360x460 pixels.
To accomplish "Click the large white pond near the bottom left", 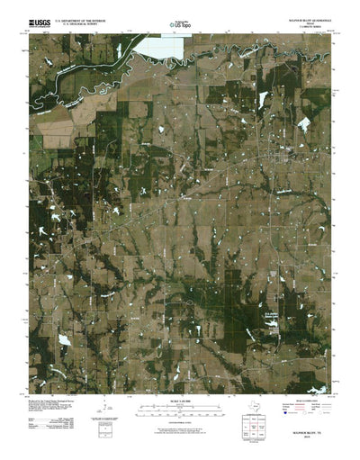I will (x=64, y=340).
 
